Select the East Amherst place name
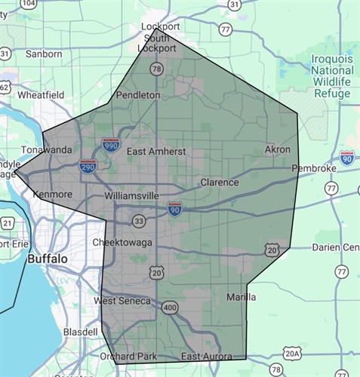click(x=155, y=152)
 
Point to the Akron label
click(x=277, y=149)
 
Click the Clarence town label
click(x=220, y=182)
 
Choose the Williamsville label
click(x=132, y=195)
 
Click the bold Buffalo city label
click(x=48, y=259)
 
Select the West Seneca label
click(x=122, y=302)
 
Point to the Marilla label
click(x=241, y=297)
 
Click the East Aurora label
click(x=212, y=356)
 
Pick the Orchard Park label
click(x=127, y=356)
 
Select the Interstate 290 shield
click(x=88, y=166)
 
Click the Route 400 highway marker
click(x=169, y=307)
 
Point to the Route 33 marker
click(x=138, y=221)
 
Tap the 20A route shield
click(x=293, y=352)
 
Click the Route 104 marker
click(x=29, y=4)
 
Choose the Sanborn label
click(x=44, y=54)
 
